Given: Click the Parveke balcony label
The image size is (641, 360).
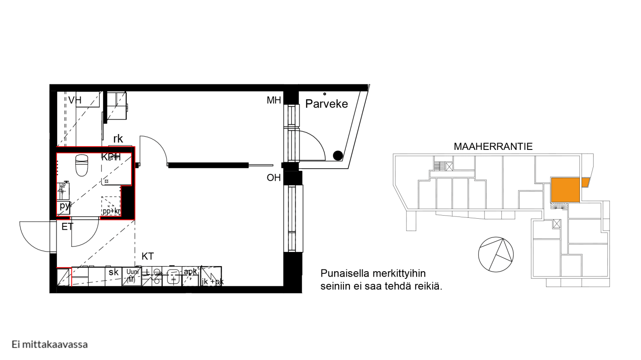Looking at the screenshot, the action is click(x=326, y=104).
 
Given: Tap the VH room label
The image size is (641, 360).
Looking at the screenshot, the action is click(x=75, y=100).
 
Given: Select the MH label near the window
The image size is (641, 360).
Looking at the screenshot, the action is click(x=273, y=100).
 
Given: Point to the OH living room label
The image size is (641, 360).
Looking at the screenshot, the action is click(x=273, y=178).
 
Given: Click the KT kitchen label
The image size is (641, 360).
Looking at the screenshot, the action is click(x=147, y=256).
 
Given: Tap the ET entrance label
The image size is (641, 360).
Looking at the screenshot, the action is click(x=68, y=227).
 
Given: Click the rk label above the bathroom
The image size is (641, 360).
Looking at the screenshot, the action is click(x=118, y=139).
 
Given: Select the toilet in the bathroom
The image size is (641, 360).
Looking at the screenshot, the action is click(x=82, y=165).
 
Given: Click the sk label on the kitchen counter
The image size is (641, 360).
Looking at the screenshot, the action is click(x=113, y=272).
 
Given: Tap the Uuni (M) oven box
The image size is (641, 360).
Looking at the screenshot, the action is click(x=132, y=276).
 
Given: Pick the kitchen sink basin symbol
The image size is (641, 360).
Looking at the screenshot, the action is click(x=173, y=277).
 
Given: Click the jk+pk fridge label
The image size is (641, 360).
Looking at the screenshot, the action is click(x=212, y=281).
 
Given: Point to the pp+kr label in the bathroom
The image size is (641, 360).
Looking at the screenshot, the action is click(x=111, y=211).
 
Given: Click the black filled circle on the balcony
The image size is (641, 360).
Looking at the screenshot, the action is click(x=338, y=155).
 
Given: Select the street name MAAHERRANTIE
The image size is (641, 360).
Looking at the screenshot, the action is click(x=493, y=146).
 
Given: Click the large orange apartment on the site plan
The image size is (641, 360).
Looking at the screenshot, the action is click(x=565, y=190).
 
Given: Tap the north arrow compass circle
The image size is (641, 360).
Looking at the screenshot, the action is click(x=496, y=255).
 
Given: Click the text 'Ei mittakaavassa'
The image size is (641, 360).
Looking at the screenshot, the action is click(x=50, y=344).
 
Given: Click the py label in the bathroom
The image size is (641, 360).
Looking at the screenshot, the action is click(x=65, y=206).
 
